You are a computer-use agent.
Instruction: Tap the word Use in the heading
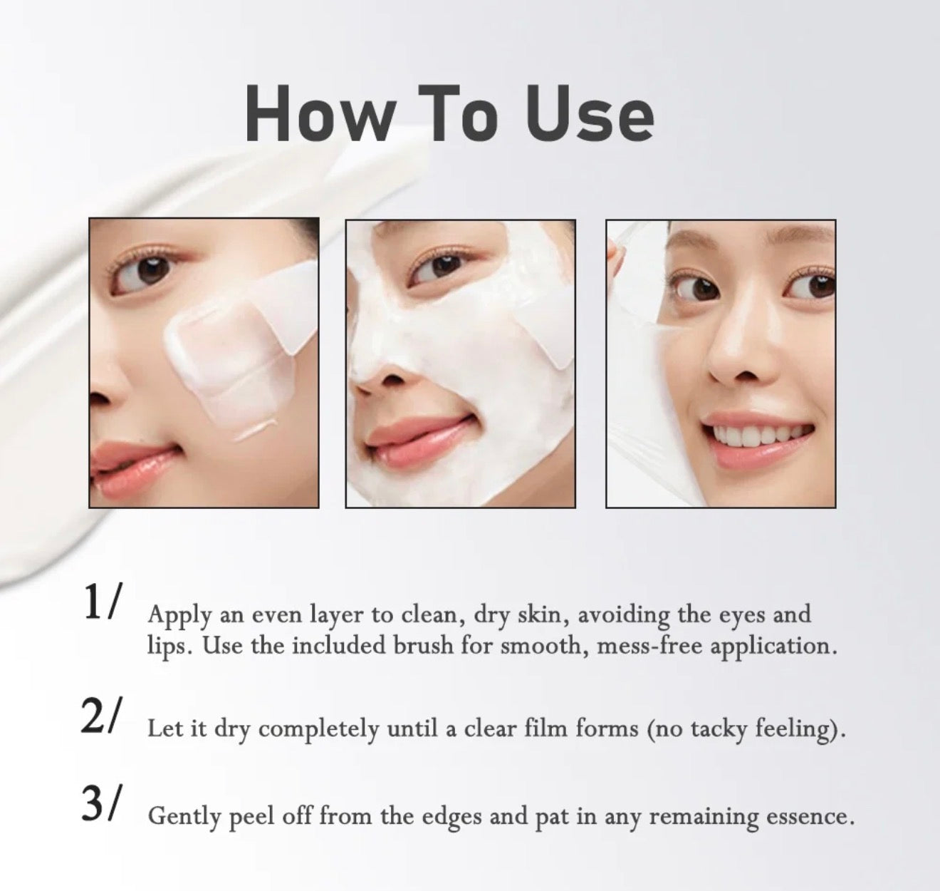[x=589, y=113]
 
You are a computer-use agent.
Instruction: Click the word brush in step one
[x=423, y=645]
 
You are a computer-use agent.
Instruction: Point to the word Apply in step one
[x=179, y=617]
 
